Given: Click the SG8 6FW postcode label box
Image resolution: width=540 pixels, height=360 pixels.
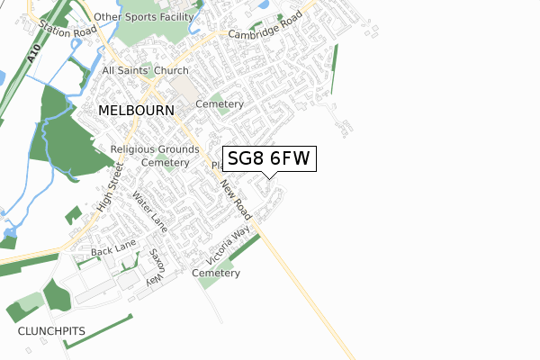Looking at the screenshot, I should (268, 159).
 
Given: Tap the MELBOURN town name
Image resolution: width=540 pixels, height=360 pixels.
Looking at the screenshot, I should (136, 109).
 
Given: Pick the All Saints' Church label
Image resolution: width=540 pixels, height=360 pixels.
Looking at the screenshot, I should (146, 70).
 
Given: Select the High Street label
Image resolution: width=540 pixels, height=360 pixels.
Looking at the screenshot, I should (107, 192).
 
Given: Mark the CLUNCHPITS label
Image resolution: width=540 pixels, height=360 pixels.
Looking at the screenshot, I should (51, 331).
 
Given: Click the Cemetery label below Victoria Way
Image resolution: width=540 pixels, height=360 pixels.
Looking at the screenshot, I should (216, 273).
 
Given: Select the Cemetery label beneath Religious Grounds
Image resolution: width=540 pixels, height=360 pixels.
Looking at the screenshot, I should (165, 163).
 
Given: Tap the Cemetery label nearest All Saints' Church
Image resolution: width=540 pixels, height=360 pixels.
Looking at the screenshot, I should (220, 104).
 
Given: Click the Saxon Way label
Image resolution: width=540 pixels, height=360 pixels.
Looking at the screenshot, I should (156, 267).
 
